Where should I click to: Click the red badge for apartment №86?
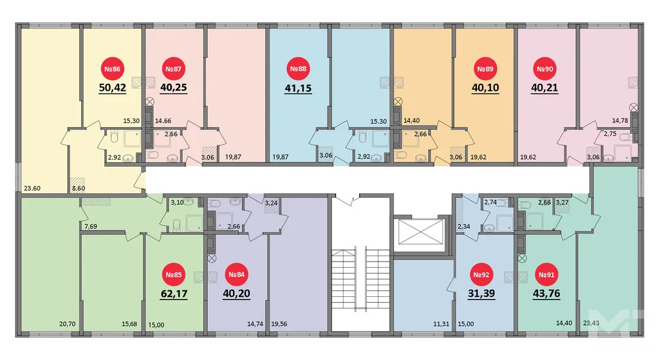[x=113, y=69]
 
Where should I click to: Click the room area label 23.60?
[x=32, y=189]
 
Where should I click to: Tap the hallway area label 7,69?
[x=89, y=226]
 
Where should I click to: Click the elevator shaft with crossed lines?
[x=418, y=232]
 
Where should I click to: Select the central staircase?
[x=360, y=283]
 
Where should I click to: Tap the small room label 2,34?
[x=463, y=226]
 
